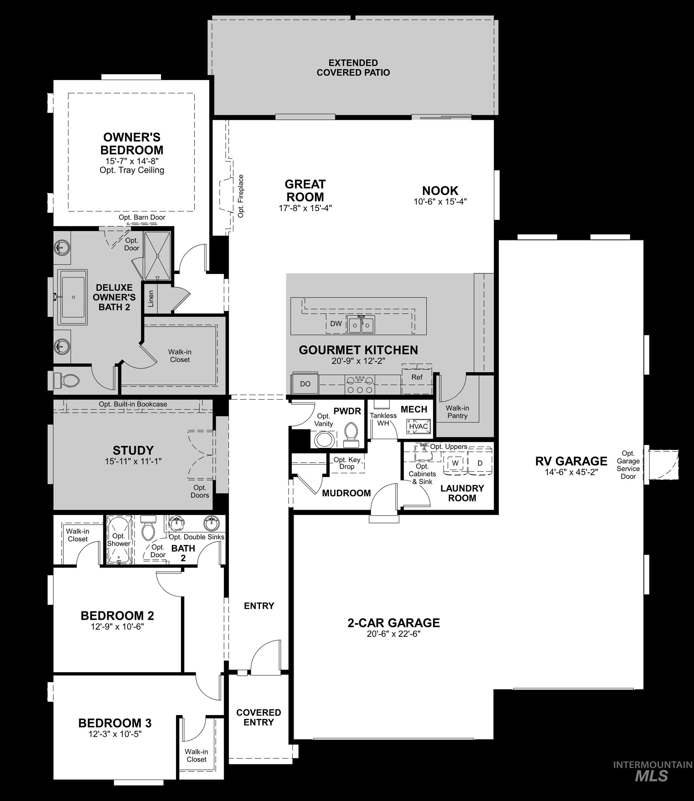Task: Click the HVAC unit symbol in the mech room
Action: (x=418, y=426)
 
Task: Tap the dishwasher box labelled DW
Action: (x=336, y=324)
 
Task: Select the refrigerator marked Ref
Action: (x=417, y=378)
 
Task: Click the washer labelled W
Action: (x=456, y=463)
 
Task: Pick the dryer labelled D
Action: (x=480, y=463)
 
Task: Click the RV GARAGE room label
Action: (x=571, y=461)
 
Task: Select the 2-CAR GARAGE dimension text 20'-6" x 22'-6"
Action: (x=394, y=634)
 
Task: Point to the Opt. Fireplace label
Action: (x=241, y=196)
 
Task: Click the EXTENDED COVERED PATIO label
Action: (x=353, y=68)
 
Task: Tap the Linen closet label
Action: (x=151, y=298)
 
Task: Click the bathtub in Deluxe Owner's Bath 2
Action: (x=73, y=297)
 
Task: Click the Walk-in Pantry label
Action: (x=457, y=412)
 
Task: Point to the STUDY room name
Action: (x=133, y=450)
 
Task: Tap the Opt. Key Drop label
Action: (x=347, y=463)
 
